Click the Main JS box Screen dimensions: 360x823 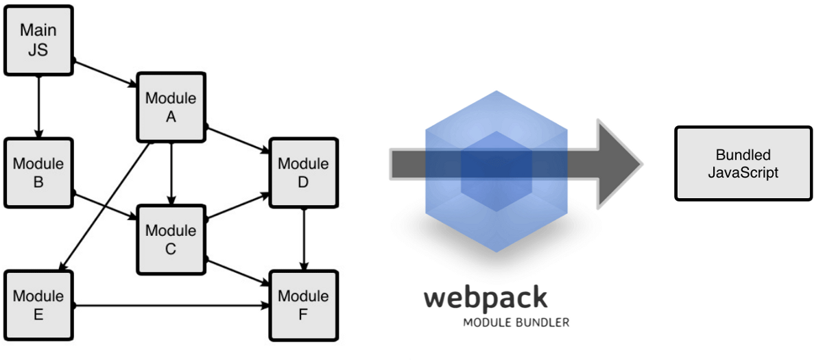[x=38, y=40]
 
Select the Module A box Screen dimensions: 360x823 [x=171, y=106]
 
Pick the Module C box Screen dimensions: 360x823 [x=171, y=239]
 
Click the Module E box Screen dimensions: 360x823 [x=38, y=305]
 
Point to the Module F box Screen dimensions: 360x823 [x=303, y=305]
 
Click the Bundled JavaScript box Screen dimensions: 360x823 [x=743, y=163]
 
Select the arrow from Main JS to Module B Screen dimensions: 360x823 [x=38, y=106]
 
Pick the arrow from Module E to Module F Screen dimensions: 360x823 [x=171, y=305]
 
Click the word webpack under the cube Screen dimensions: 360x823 [x=486, y=298]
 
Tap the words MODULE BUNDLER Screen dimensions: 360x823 [x=516, y=322]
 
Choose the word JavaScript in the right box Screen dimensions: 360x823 [x=743, y=172]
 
